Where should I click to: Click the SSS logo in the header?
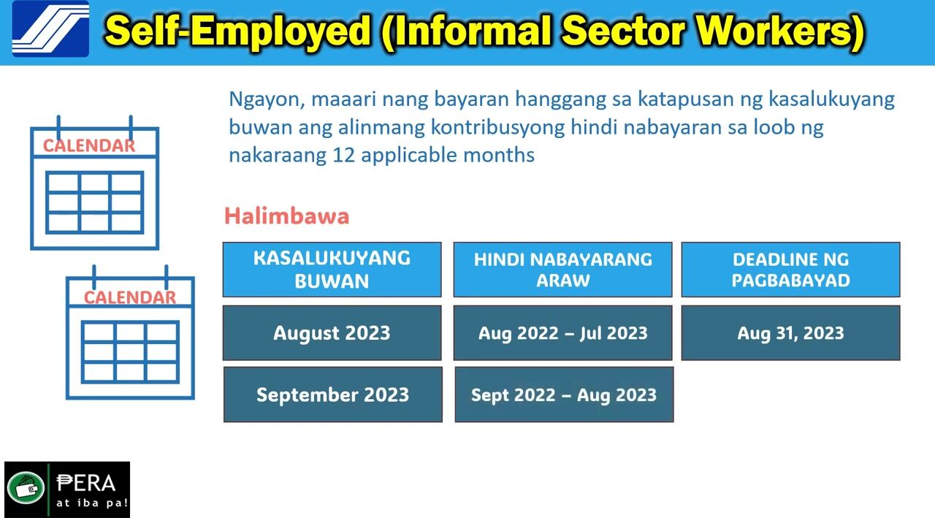(50, 28)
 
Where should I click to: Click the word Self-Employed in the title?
(238, 31)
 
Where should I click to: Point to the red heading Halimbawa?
(286, 216)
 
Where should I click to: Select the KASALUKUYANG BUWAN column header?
(332, 270)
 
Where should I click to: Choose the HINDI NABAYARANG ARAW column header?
(562, 270)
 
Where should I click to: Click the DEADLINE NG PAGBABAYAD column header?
(790, 270)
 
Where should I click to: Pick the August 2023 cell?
(332, 332)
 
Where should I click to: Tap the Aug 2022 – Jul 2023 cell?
(562, 332)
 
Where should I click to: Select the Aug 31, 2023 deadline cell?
(790, 332)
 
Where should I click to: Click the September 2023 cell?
(332, 395)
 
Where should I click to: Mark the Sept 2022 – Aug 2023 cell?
(564, 395)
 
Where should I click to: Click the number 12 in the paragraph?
(343, 156)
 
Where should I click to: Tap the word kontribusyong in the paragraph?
(497, 128)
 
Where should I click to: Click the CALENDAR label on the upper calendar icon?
(89, 145)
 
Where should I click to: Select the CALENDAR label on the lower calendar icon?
(130, 297)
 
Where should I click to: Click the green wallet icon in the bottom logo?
(26, 487)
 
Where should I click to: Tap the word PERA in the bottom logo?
(86, 484)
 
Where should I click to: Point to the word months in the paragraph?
(499, 156)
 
